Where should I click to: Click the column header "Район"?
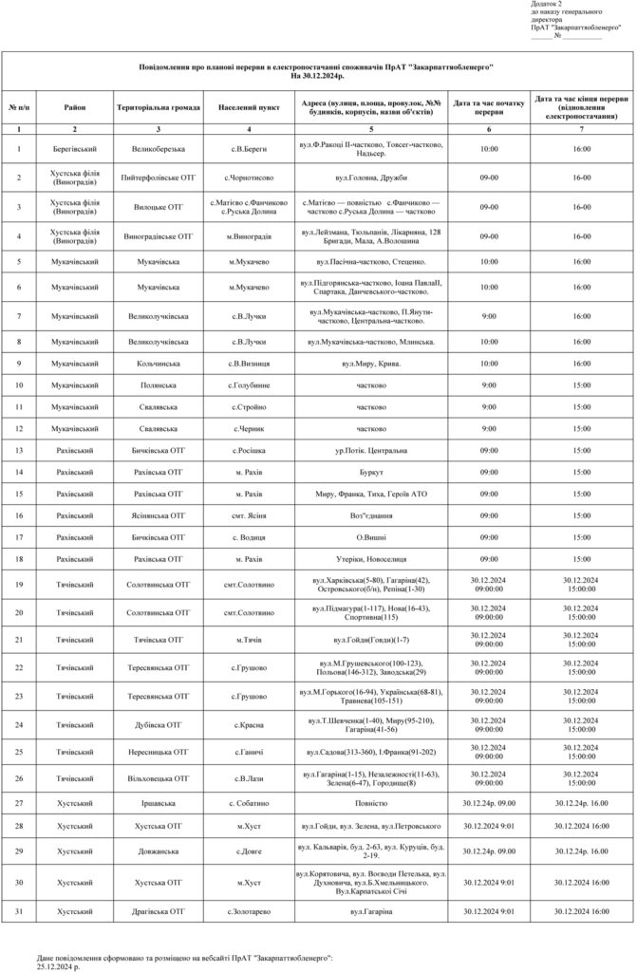[75, 107]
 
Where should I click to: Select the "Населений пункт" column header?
[249, 107]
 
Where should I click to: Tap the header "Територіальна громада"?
[159, 107]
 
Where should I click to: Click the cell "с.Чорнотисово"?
[249, 178]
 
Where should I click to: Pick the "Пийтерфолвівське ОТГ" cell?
[159, 178]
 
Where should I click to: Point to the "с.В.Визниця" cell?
[249, 363]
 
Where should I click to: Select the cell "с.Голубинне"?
[249, 384]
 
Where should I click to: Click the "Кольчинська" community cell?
[159, 363]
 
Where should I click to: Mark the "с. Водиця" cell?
[249, 537]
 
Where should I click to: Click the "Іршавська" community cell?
[159, 802]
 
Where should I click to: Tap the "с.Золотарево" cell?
[249, 911]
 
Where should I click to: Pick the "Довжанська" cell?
[159, 851]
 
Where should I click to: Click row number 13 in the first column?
[19, 449]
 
